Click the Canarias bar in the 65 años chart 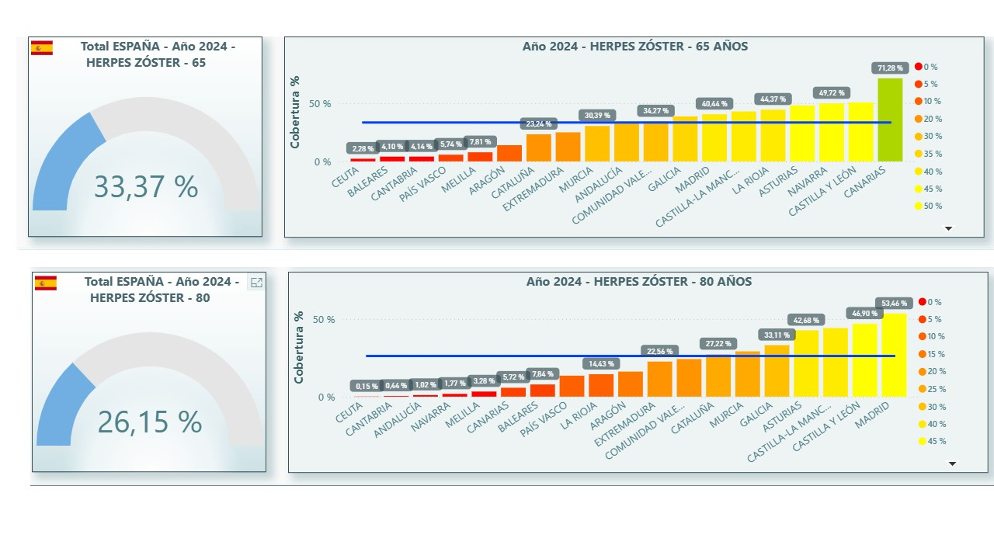(890, 120)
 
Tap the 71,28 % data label (886, 68)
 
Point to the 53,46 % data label (891, 303)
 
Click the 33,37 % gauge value (146, 187)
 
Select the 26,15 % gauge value (149, 422)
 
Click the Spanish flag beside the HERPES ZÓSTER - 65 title (42, 48)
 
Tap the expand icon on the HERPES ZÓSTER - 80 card (256, 283)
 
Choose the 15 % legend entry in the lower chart (931, 354)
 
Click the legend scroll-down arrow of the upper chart (948, 228)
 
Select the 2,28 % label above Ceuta (362, 148)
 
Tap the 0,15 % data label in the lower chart (367, 386)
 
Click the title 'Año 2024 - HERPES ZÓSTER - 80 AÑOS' (638, 282)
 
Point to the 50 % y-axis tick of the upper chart (321, 103)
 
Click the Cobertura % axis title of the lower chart (299, 347)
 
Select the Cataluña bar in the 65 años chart (539, 148)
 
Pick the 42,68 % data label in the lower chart (804, 320)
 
